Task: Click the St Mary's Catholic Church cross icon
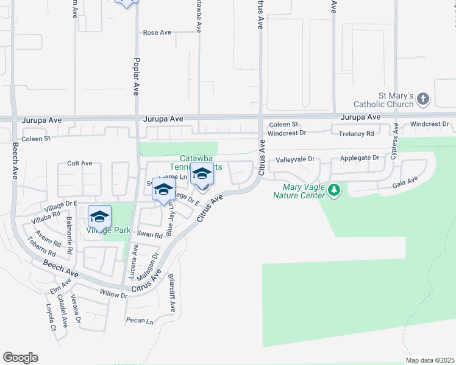point(424,99)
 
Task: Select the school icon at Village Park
point(99,216)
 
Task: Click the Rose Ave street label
point(157,32)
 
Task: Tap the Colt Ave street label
point(80,163)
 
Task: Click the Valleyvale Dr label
point(294,159)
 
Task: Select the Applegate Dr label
point(358,158)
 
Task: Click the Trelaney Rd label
point(357,133)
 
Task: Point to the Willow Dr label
point(113,295)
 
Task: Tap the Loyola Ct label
point(52,317)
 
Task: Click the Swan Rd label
point(150,235)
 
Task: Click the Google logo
point(20,358)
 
